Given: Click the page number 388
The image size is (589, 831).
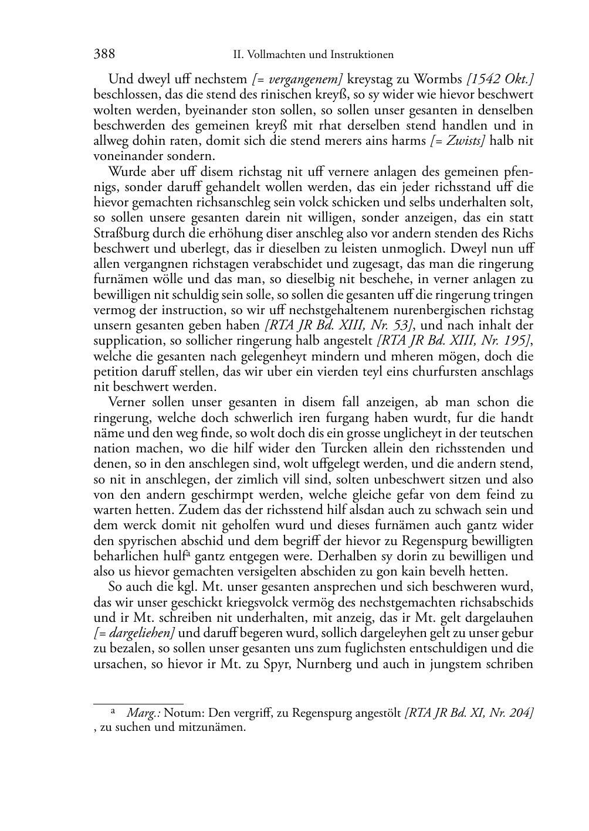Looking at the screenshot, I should (x=104, y=55).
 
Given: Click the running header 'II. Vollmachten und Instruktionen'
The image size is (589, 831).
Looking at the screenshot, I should (x=313, y=55).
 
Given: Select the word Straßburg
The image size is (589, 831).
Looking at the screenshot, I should (x=121, y=233).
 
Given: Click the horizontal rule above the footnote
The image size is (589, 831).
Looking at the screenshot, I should (x=138, y=701).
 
